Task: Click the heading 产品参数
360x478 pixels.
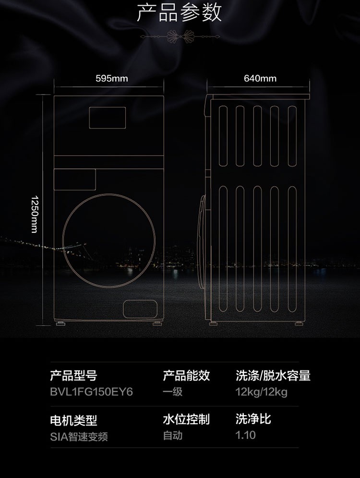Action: coord(179,13)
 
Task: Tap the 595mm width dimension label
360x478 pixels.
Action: coord(111,78)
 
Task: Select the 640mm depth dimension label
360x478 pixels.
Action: coord(260,78)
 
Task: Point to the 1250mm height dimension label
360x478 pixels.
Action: coord(35,214)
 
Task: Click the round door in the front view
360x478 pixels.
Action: coord(63,241)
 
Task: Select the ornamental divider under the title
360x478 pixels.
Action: coord(180,37)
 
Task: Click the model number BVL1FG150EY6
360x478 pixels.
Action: coord(92,392)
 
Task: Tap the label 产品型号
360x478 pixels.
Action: coord(73,375)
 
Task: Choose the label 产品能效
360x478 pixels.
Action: coord(186,375)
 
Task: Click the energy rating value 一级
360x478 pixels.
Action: coord(172,392)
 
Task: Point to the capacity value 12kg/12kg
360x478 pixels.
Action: coord(261,392)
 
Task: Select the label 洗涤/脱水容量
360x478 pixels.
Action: coord(273,375)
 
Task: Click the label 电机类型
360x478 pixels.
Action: coord(73,420)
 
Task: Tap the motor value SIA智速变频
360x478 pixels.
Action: coord(79,437)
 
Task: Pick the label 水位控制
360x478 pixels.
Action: coord(186,419)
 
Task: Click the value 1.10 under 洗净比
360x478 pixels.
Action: coord(245,435)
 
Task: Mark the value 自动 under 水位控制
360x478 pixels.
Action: coord(172,435)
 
